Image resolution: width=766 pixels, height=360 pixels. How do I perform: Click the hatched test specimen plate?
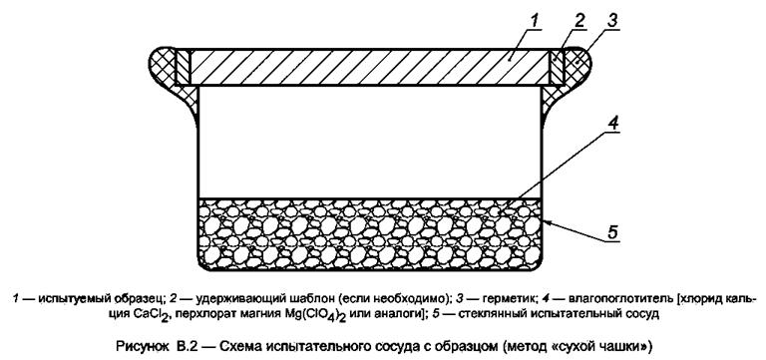(368, 68)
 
